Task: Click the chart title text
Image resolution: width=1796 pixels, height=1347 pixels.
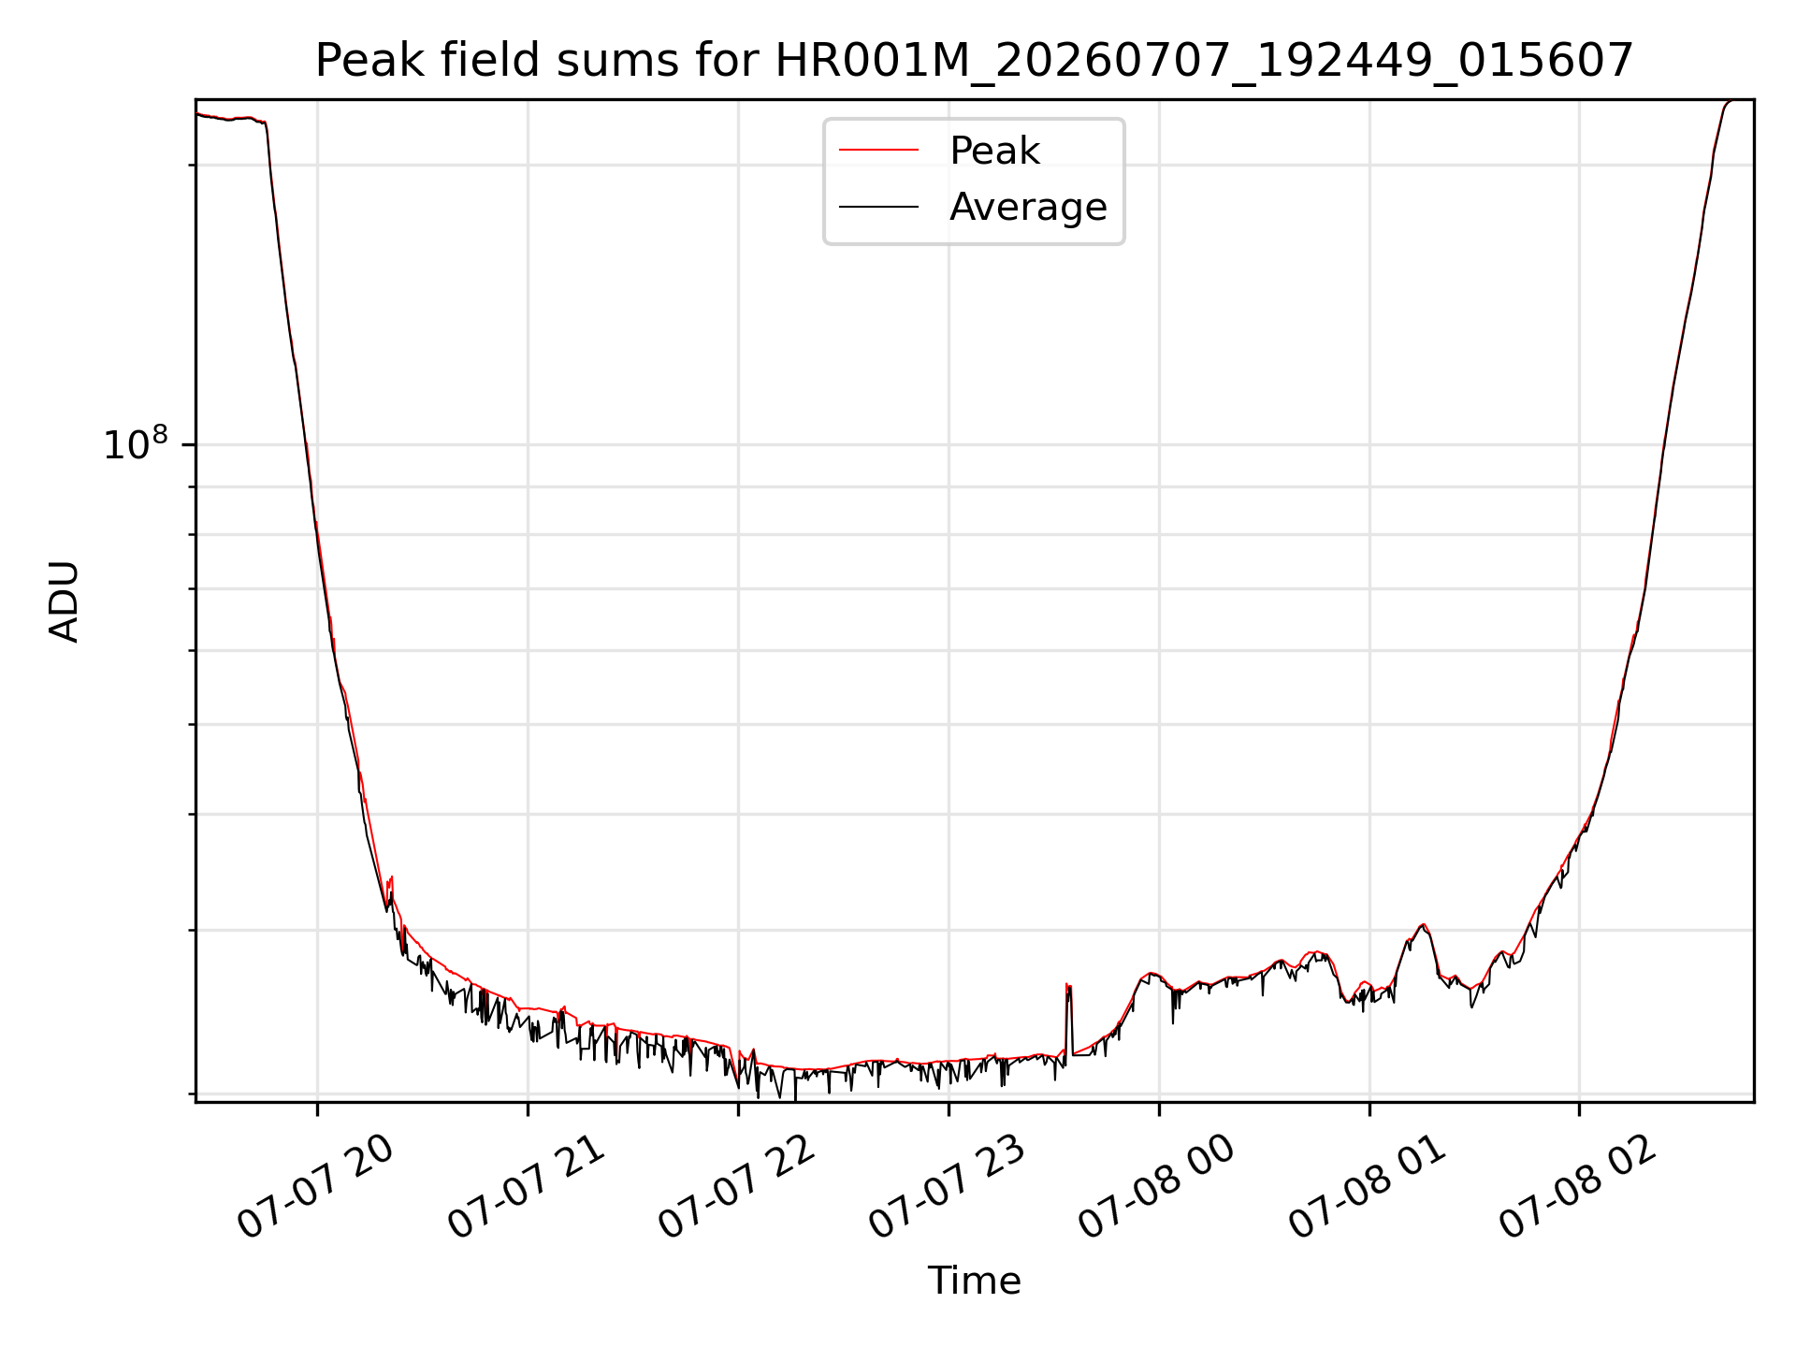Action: pos(974,61)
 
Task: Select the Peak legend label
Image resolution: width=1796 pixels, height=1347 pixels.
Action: pos(994,151)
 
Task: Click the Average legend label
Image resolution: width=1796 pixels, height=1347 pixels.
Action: pos(1028,207)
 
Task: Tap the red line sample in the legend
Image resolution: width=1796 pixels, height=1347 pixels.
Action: pos(878,151)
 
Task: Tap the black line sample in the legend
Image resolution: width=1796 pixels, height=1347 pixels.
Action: pos(878,207)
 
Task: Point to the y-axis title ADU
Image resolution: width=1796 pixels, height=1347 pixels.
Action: pos(64,601)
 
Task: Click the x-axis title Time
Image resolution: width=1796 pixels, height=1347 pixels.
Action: pos(974,1281)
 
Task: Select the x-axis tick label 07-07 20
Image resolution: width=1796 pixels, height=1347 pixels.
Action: pos(315,1187)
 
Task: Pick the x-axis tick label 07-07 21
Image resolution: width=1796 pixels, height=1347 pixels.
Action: pos(526,1187)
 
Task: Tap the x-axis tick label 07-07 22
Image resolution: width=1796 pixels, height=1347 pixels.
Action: pos(736,1187)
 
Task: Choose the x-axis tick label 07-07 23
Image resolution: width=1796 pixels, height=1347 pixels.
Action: pos(947,1187)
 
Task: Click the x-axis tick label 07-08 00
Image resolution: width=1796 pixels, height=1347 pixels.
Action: pos(1157,1187)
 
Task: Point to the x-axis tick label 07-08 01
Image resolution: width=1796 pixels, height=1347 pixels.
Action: pos(1368,1187)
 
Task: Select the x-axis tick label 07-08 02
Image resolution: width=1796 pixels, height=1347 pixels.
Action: pos(1578,1187)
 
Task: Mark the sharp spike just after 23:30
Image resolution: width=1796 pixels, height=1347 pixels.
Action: pos(1068,986)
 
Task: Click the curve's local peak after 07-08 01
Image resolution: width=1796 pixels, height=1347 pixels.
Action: pos(1423,925)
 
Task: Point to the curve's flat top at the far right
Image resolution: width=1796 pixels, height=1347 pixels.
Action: pos(1739,100)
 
